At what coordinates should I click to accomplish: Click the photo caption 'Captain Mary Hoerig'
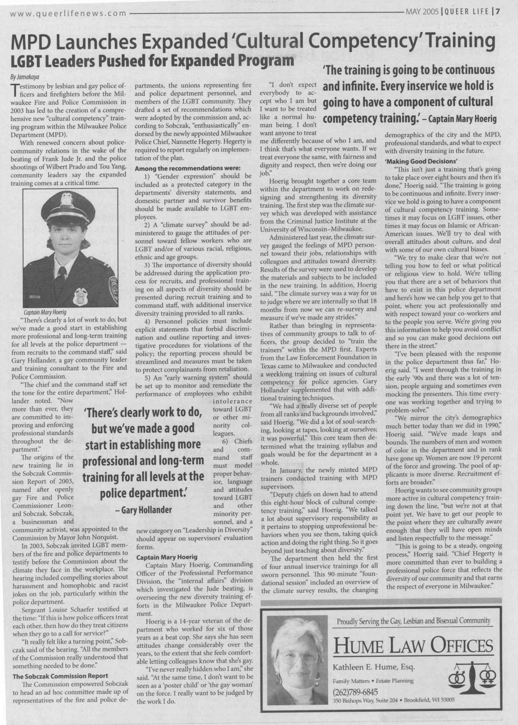pos(45,312)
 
